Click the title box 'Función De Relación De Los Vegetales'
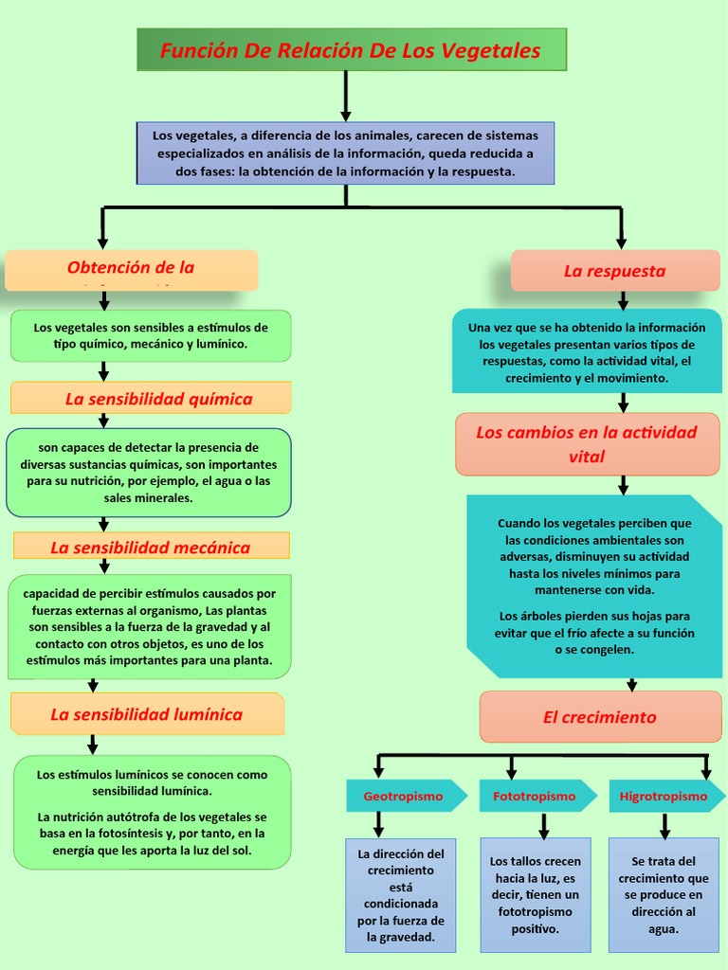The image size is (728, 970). [351, 50]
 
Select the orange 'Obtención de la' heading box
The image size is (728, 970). [131, 270]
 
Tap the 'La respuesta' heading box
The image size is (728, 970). [614, 271]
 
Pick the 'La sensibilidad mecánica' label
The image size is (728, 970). [151, 548]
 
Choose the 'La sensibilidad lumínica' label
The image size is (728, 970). [147, 714]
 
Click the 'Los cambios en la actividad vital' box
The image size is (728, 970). [587, 444]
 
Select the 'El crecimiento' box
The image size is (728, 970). [600, 717]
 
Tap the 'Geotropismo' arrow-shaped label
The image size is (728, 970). [405, 797]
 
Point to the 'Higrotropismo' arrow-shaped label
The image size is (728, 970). [664, 797]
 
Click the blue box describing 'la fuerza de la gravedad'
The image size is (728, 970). [401, 895]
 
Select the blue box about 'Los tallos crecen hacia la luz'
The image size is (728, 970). [535, 895]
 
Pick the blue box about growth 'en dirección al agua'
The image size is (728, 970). [664, 895]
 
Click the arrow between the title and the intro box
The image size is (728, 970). [346, 96]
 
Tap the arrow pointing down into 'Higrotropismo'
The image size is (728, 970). [706, 766]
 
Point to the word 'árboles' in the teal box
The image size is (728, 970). [555, 616]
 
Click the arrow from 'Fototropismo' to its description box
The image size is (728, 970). [544, 825]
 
